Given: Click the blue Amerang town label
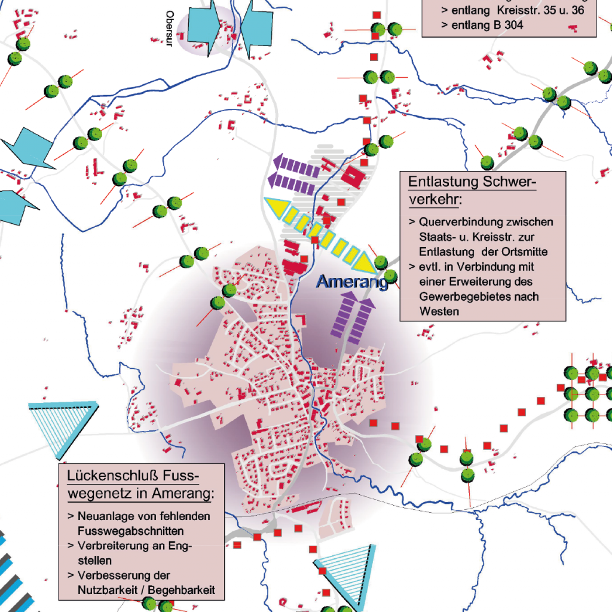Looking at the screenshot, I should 352,282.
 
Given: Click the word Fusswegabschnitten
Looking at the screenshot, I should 130,531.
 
